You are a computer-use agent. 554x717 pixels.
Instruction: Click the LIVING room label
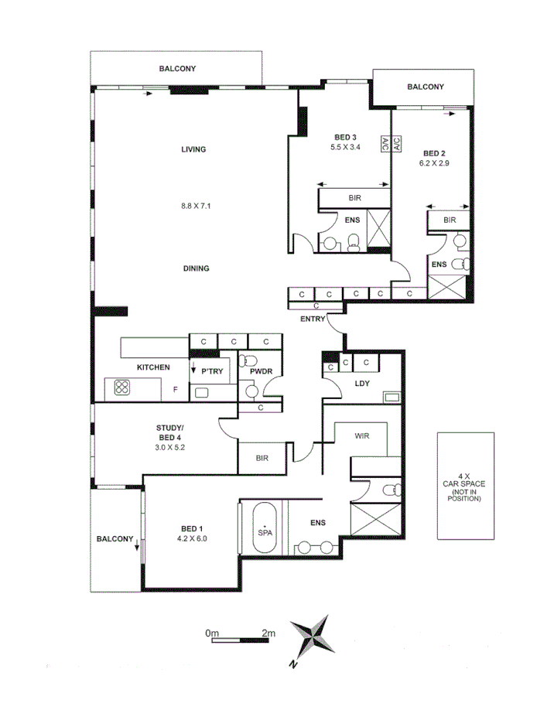[193, 149]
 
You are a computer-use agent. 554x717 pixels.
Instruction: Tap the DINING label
[197, 268]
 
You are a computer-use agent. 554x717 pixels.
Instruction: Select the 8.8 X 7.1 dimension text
[196, 206]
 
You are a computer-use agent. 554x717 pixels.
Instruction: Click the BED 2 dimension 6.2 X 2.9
[435, 163]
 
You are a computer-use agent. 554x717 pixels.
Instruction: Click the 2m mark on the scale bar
[268, 633]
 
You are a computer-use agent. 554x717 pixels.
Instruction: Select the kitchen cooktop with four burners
[122, 388]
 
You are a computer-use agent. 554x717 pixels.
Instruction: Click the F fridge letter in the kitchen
[176, 389]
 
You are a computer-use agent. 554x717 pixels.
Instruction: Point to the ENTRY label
[313, 319]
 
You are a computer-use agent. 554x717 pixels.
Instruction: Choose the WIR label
[363, 436]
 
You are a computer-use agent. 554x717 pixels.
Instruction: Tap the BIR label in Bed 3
[355, 199]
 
